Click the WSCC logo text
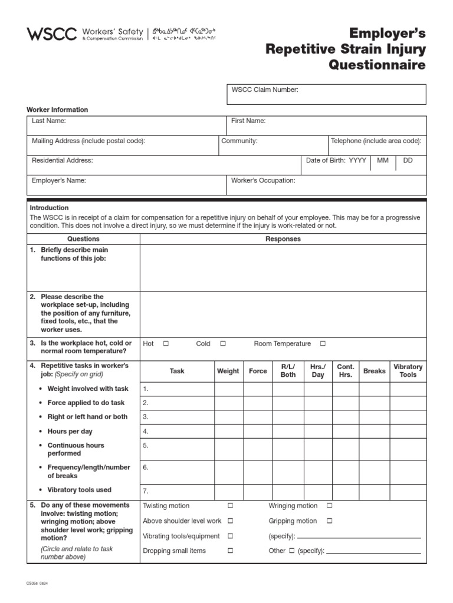(x=52, y=34)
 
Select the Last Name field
(x=127, y=125)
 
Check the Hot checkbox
(x=166, y=344)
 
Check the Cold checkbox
(x=223, y=344)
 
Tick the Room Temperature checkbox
(x=323, y=344)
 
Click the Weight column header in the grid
(x=228, y=371)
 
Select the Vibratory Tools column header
(x=408, y=371)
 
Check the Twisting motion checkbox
(x=231, y=506)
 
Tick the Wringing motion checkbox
(x=330, y=506)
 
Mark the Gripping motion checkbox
(x=330, y=521)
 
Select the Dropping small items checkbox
(x=231, y=551)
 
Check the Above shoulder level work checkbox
(x=231, y=521)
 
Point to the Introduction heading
(x=49, y=208)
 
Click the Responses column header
(x=283, y=239)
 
